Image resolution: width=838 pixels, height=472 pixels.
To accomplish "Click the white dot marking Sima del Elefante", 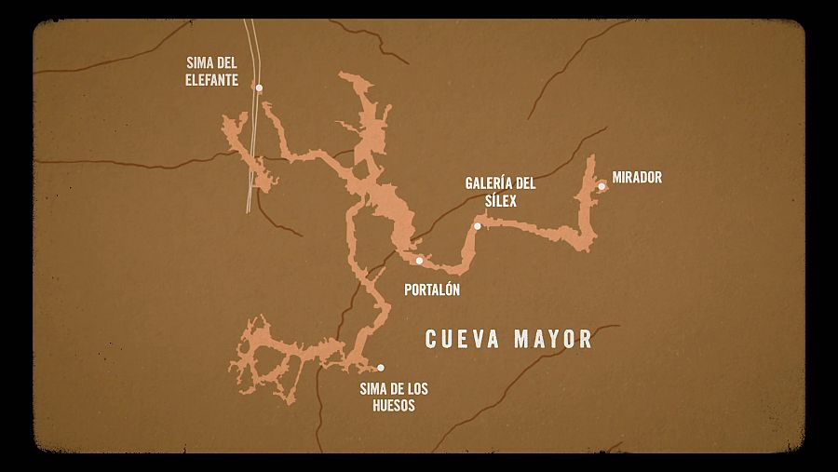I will click(259, 88).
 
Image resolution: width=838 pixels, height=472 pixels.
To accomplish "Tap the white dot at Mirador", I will click(601, 186).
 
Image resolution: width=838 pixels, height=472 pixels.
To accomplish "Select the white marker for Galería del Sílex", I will click(478, 226).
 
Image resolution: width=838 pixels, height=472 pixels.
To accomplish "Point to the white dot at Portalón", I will click(419, 261).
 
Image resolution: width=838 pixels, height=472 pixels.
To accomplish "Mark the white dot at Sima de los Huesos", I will click(380, 368).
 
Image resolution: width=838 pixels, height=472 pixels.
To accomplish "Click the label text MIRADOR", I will click(637, 178).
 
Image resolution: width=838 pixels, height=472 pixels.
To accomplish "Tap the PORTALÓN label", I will click(432, 290).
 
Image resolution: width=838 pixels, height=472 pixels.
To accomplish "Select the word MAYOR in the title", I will click(554, 338).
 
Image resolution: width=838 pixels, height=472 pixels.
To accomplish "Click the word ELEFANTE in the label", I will click(212, 80).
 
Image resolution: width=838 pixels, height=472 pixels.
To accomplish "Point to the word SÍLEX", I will click(499, 199).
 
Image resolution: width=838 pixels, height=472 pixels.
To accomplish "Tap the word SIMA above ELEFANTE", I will click(202, 63).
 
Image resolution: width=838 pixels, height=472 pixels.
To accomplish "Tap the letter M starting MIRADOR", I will click(616, 178).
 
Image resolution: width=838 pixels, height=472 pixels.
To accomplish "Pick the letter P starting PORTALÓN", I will click(409, 290).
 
